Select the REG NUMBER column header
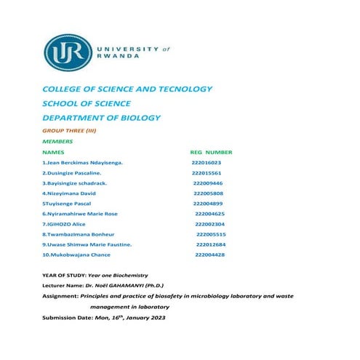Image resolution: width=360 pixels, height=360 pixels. point(211,153)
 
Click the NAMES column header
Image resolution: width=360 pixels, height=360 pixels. point(54,153)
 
